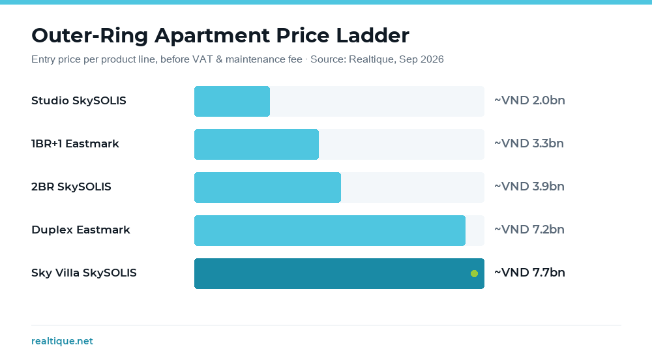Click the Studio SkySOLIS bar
click(232, 102)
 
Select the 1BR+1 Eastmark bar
click(256, 144)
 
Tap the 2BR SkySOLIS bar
click(267, 187)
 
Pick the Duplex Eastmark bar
click(330, 230)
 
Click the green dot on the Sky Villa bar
click(474, 273)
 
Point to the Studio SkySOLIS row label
click(79, 101)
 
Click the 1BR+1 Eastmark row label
click(75, 144)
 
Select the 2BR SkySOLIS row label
click(71, 187)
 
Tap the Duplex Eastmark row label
click(81, 230)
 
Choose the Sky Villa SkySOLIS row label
click(84, 273)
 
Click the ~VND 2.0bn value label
click(529, 100)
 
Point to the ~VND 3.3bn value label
click(529, 143)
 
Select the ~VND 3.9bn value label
click(529, 187)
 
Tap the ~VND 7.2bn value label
click(529, 230)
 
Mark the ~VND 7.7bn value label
click(529, 273)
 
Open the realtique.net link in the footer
click(63, 341)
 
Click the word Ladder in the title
click(372, 35)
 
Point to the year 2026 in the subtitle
click(432, 59)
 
